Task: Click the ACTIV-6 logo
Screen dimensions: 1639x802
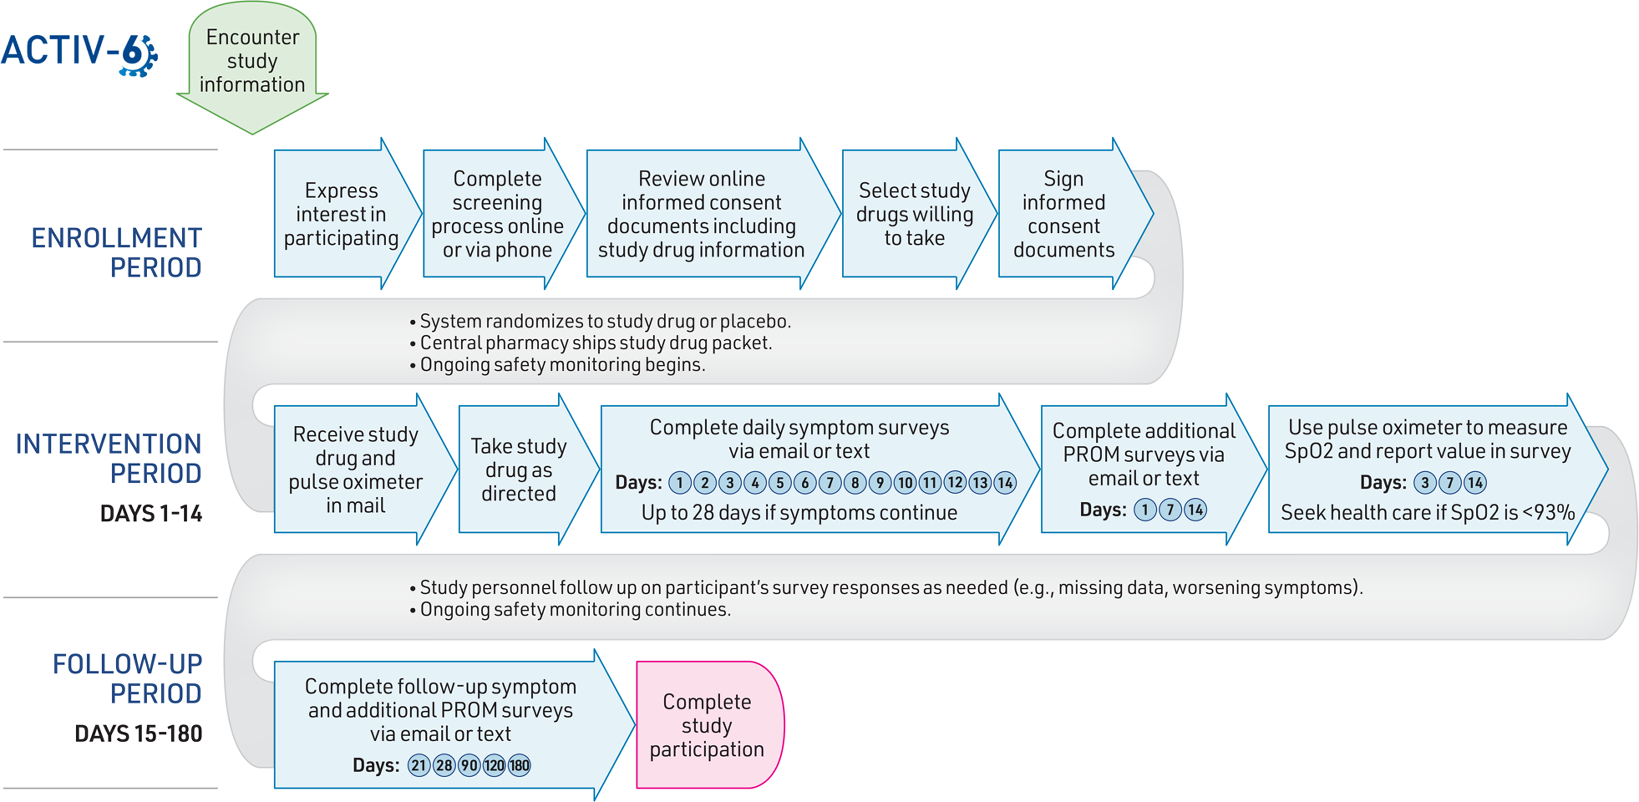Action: (x=79, y=54)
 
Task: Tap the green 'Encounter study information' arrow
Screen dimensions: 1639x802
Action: (x=252, y=67)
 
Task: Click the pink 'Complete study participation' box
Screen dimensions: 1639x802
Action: (x=710, y=725)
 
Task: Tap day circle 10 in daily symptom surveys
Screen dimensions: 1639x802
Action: (x=905, y=483)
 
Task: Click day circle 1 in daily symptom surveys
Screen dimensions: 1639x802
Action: (x=679, y=483)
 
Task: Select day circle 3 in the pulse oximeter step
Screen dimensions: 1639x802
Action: (x=1425, y=483)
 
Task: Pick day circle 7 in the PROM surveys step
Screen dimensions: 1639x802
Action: (x=1170, y=510)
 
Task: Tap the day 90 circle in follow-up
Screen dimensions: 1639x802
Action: (x=469, y=765)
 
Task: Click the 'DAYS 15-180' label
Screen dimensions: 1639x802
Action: (x=138, y=734)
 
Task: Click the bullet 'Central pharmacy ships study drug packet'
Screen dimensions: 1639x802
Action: (x=591, y=343)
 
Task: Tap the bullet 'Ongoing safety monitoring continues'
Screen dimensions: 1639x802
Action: (x=570, y=610)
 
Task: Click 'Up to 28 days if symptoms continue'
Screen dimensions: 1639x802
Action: (x=799, y=512)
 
